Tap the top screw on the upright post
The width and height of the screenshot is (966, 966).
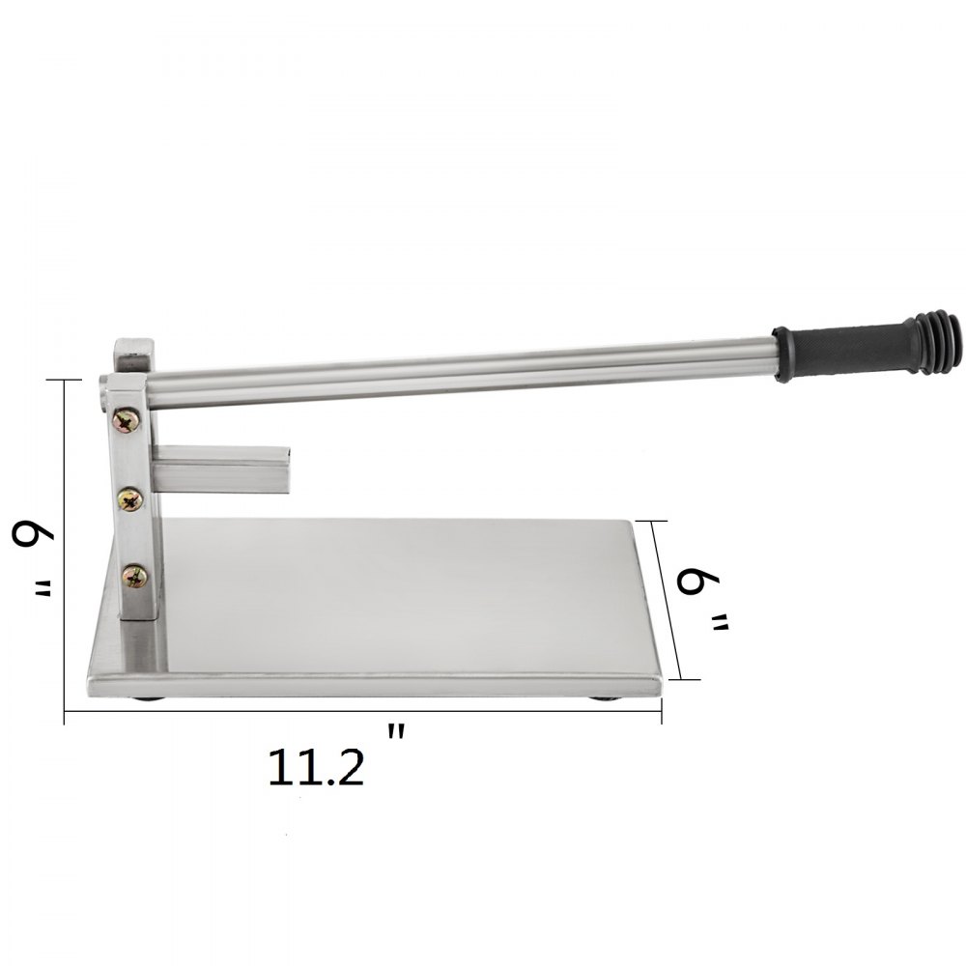pos(127,421)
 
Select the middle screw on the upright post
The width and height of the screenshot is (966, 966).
pos(131,498)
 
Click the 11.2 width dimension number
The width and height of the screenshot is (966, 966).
pos(316,766)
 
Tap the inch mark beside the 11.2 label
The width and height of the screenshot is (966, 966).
pos(396,732)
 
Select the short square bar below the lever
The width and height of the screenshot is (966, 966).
pos(222,469)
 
